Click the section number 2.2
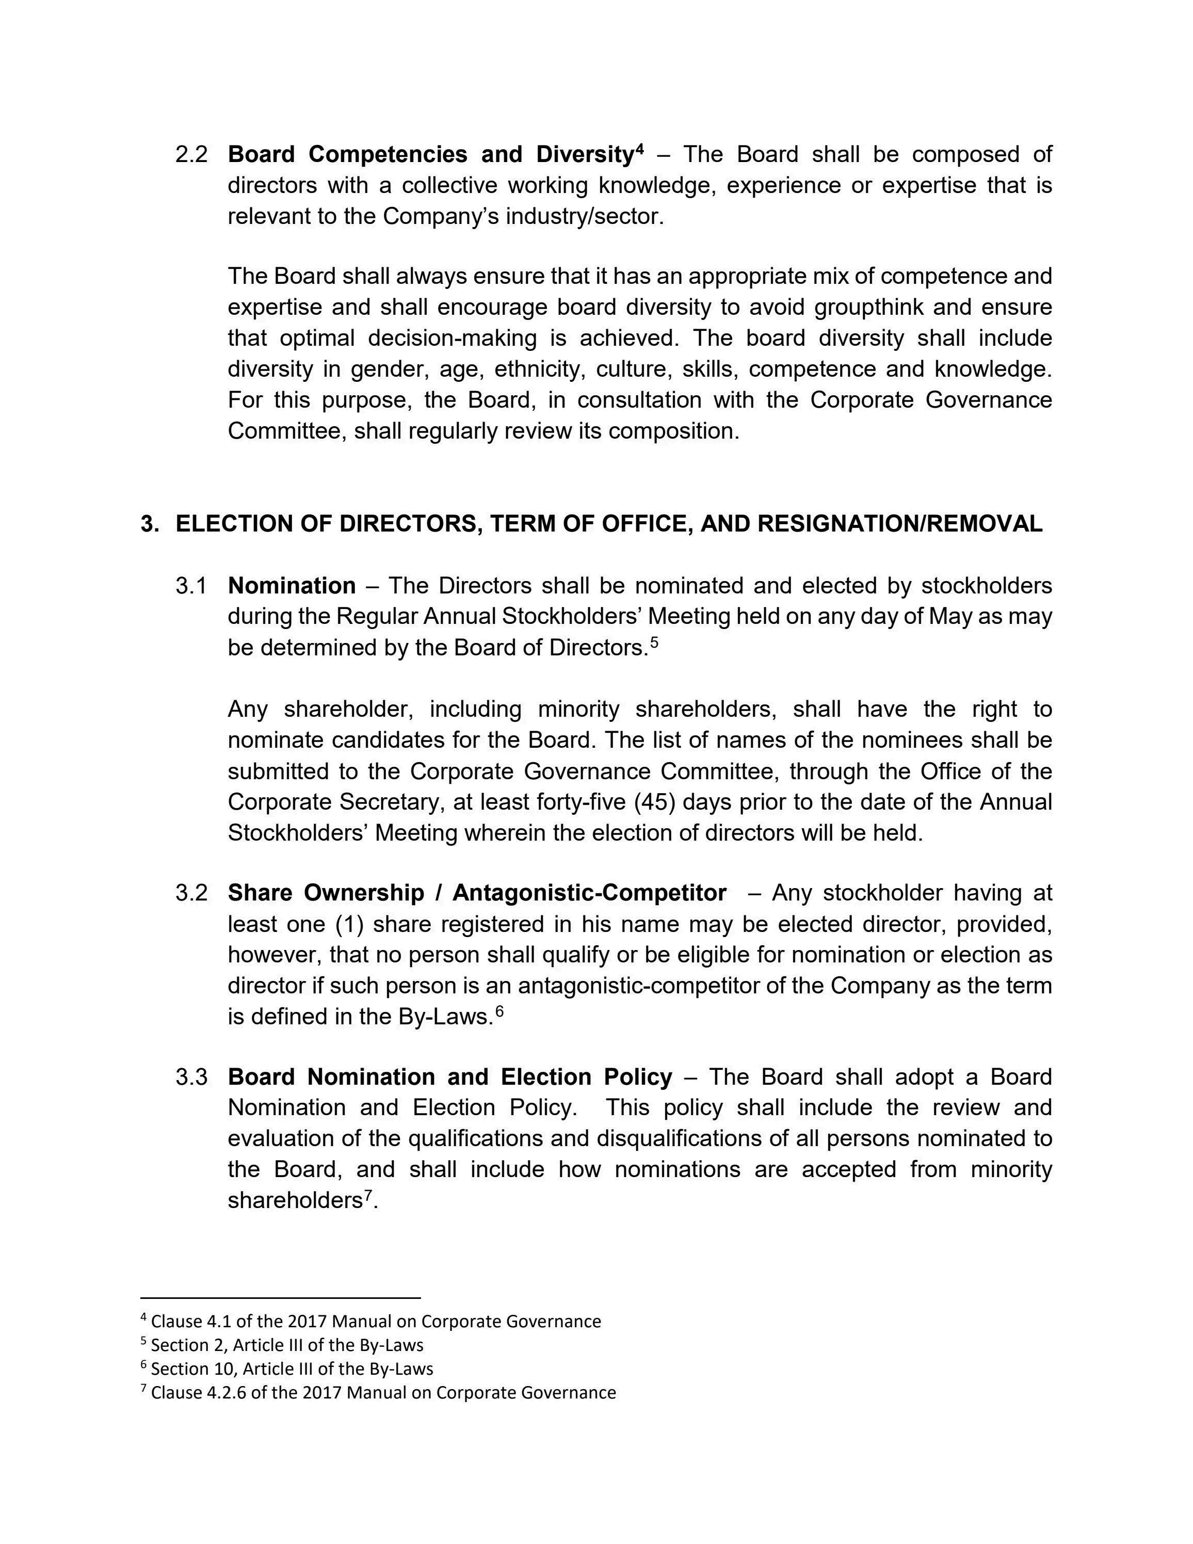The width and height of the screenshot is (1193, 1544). click(x=191, y=154)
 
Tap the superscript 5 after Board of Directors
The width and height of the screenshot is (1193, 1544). click(x=654, y=642)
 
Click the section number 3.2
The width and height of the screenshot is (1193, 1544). click(x=191, y=892)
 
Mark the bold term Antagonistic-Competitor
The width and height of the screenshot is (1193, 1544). click(x=589, y=892)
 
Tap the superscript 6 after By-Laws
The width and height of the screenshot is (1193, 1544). click(x=499, y=1011)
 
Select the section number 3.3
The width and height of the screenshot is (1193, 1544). click(x=191, y=1076)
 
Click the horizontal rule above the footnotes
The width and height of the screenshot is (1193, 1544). click(x=281, y=1298)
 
